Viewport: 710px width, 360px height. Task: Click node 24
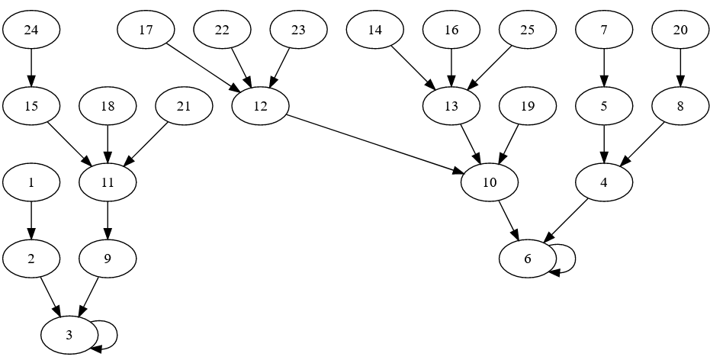pos(31,31)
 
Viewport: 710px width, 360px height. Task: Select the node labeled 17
pos(146,31)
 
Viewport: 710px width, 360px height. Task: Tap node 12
pos(260,107)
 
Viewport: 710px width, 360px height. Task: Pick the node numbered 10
pos(489,183)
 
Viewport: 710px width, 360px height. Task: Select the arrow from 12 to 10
pos(374,145)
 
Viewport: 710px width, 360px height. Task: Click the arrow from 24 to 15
pos(31,69)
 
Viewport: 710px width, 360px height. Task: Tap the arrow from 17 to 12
pos(203,69)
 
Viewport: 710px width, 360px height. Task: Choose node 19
pos(527,107)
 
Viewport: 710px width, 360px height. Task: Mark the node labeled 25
pos(527,31)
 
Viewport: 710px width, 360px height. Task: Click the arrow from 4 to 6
pos(567,220)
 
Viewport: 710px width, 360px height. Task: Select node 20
pos(679,31)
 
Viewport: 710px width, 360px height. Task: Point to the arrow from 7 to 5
pos(603,69)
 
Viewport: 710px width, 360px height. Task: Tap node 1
pos(31,183)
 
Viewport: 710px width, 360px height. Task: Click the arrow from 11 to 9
pos(108,221)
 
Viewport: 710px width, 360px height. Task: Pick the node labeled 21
pos(184,107)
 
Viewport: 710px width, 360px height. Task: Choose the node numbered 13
pos(451,107)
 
